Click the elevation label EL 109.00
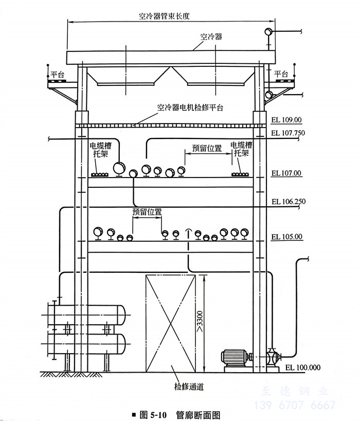286,120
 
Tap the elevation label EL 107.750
288,133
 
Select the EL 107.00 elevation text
286,173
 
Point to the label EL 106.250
289,201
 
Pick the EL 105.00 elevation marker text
287,237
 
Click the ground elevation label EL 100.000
303,367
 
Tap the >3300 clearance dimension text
200,321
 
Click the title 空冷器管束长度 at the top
164,16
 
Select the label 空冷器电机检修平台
190,108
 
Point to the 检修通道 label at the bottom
189,387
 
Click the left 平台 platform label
58,75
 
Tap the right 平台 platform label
281,74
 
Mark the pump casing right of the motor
272,357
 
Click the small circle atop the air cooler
268,32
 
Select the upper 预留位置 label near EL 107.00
207,148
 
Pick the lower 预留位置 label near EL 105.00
147,212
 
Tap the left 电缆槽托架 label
100,150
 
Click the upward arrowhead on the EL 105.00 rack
189,231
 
